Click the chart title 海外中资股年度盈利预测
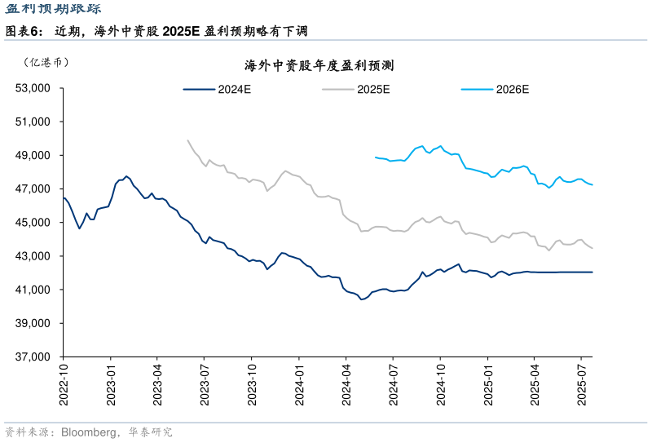tap(319, 66)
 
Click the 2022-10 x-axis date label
tap(64, 383)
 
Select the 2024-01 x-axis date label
tap(299, 383)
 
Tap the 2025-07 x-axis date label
tap(581, 383)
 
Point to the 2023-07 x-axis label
tap(205, 383)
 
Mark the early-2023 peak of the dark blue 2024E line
tap(126, 176)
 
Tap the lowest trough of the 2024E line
tap(361, 299)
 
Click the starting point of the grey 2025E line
tap(188, 140)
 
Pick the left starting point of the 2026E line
tap(376, 157)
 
